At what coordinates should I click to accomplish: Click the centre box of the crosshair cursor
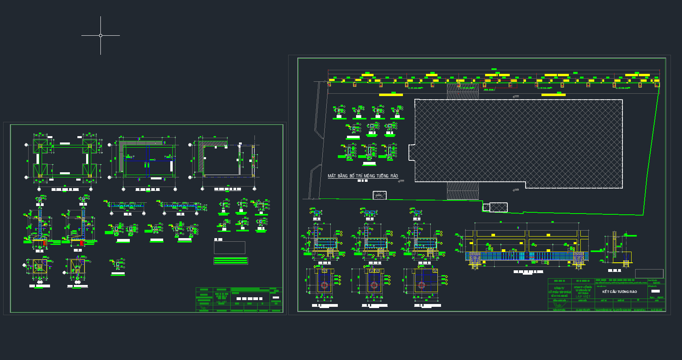[x=100, y=35]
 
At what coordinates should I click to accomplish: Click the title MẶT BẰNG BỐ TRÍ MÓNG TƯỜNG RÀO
[x=362, y=176]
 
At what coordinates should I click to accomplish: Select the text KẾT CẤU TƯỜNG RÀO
[x=619, y=292]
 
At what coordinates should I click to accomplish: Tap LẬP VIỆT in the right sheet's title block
[x=583, y=296]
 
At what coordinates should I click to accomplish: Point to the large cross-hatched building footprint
[x=518, y=143]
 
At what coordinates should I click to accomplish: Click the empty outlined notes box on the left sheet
[x=229, y=248]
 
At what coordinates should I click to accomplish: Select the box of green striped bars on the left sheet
[x=231, y=261]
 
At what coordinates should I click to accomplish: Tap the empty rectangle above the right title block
[x=649, y=273]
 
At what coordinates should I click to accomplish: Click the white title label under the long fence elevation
[x=528, y=272]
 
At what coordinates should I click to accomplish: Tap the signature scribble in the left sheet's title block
[x=204, y=307]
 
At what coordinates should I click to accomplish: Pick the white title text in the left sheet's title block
[x=250, y=298]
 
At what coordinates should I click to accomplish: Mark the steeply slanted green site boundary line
[x=651, y=151]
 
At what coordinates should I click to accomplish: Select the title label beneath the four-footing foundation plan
[x=65, y=190]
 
